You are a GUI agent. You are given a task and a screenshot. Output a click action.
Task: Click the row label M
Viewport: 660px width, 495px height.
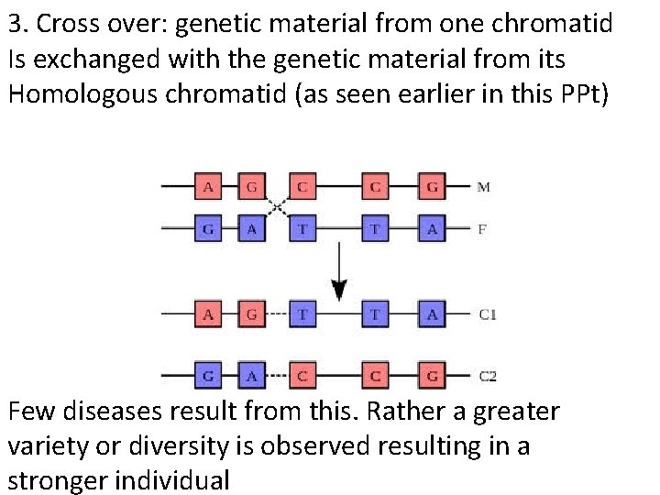(x=483, y=187)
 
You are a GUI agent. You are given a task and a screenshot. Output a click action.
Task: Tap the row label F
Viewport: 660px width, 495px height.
(x=482, y=229)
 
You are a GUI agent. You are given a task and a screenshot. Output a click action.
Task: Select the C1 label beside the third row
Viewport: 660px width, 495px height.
(x=488, y=314)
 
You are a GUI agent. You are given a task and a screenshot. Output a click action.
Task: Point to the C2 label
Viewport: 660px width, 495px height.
(x=488, y=376)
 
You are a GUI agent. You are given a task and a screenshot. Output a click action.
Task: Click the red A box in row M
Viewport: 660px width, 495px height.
(x=208, y=188)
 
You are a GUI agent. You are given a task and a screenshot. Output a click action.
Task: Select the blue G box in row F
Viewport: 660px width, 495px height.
(x=208, y=229)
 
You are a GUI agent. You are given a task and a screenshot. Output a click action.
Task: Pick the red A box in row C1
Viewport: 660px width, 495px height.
(x=208, y=314)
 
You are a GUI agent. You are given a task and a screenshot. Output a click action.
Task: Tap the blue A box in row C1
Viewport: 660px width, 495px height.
(x=432, y=314)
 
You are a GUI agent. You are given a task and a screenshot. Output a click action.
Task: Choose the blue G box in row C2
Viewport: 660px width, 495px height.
(x=208, y=376)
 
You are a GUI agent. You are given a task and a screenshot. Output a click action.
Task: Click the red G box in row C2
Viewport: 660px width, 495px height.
(x=432, y=376)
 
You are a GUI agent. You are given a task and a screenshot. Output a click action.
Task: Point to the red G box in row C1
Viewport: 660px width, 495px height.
(x=251, y=314)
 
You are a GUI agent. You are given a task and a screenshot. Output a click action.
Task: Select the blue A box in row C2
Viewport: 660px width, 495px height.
(x=251, y=376)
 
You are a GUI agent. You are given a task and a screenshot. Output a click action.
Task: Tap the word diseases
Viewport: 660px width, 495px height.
(x=123, y=411)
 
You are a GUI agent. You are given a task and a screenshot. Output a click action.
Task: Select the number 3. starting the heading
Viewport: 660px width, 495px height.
(x=17, y=24)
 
